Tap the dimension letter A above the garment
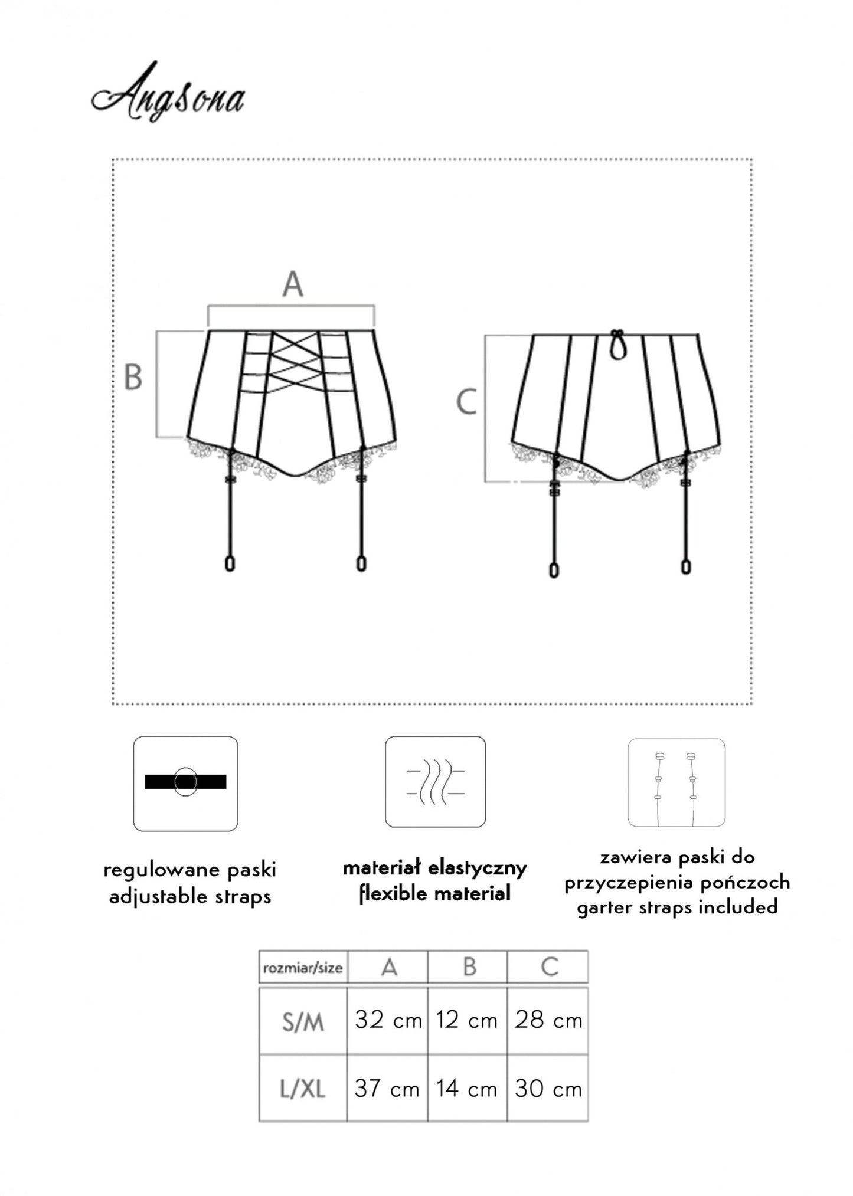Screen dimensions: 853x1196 tap(293, 284)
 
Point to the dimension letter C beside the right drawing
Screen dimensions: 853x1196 tap(466, 403)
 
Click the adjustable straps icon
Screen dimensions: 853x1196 tap(185, 783)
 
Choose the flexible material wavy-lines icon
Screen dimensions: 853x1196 tap(436, 782)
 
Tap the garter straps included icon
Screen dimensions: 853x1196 tap(676, 782)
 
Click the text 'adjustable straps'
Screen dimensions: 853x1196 tap(190, 897)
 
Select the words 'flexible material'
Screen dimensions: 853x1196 tap(435, 894)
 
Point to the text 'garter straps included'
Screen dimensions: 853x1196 tap(677, 907)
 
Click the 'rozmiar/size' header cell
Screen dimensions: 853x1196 tap(303, 968)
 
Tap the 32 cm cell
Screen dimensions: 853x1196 tap(388, 1020)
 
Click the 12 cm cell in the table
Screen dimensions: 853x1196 tap(467, 1020)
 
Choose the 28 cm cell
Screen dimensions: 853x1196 tap(548, 1020)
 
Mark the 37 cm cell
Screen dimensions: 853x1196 tap(387, 1089)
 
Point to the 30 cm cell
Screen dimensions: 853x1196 tap(548, 1089)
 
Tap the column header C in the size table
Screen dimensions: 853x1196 tap(550, 967)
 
